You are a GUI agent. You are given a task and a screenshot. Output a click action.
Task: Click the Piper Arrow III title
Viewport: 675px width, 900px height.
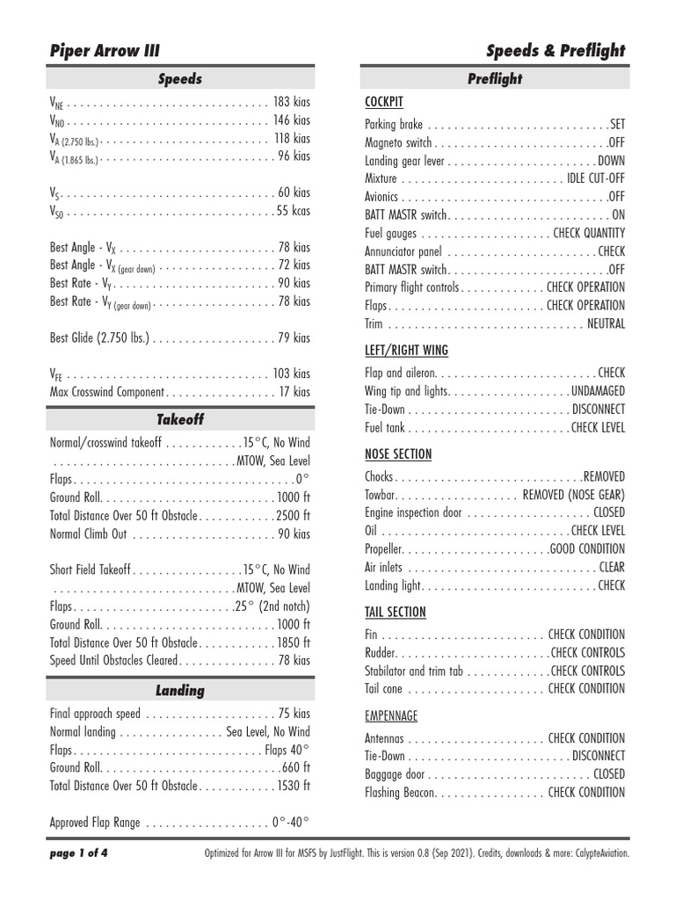pos(105,50)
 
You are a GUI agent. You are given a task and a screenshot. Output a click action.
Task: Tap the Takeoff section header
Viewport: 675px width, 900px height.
pos(180,419)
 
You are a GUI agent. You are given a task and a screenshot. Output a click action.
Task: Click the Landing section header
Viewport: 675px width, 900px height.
pos(180,690)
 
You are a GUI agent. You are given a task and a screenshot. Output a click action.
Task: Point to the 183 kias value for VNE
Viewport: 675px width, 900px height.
pos(292,102)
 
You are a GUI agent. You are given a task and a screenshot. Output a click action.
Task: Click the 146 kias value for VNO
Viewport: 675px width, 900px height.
pos(292,120)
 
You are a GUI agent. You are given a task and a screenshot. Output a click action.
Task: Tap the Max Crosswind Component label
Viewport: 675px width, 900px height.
pos(107,392)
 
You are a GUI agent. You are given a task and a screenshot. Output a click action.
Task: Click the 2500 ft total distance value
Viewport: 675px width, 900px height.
pos(293,515)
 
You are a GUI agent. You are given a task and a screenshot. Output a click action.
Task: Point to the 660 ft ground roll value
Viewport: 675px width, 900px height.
pos(296,767)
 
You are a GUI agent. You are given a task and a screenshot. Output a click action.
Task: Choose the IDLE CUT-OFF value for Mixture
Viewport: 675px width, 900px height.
pos(596,178)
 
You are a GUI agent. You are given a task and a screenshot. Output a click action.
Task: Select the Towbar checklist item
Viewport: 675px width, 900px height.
pos(381,495)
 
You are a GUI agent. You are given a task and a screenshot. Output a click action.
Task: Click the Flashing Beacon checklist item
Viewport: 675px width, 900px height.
pos(400,792)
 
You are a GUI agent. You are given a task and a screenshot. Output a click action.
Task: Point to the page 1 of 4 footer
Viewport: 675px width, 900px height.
pos(80,852)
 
